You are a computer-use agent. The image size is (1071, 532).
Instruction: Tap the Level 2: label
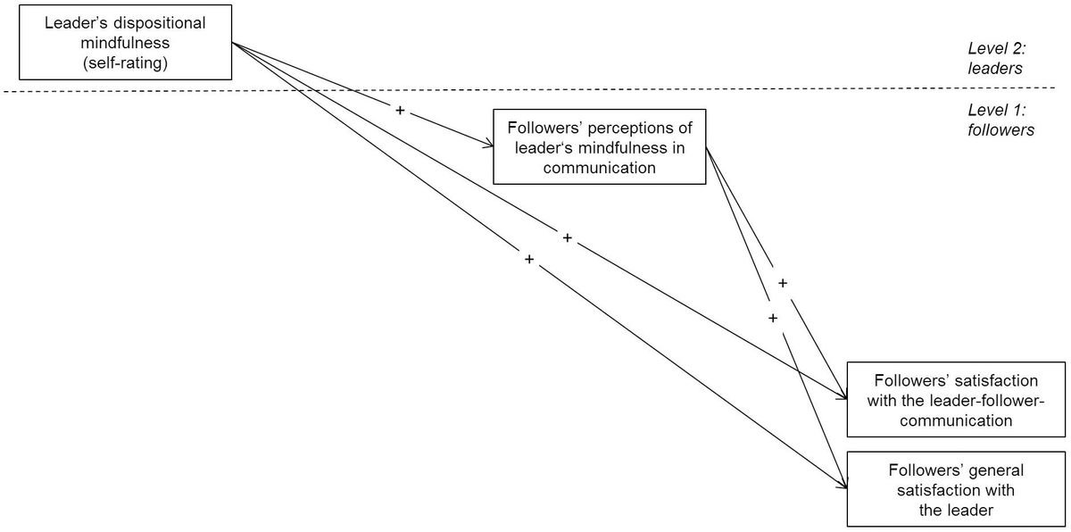tap(995, 48)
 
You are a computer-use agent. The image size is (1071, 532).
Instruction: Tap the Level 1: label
tap(995, 112)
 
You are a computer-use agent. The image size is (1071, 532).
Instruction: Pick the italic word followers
tap(1000, 130)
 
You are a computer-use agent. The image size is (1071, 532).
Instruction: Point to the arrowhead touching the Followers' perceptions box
tap(488, 145)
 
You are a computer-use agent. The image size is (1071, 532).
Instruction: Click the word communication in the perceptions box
tap(599, 166)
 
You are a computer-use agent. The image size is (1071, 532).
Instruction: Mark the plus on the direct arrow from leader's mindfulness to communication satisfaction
tap(567, 238)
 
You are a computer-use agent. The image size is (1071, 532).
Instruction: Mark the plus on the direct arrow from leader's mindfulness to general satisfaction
tap(529, 259)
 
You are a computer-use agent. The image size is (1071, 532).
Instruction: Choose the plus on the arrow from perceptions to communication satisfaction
tap(783, 283)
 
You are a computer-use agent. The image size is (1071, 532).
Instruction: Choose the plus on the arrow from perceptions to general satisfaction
tap(773, 318)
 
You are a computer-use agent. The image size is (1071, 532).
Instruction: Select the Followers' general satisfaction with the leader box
tap(955, 489)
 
